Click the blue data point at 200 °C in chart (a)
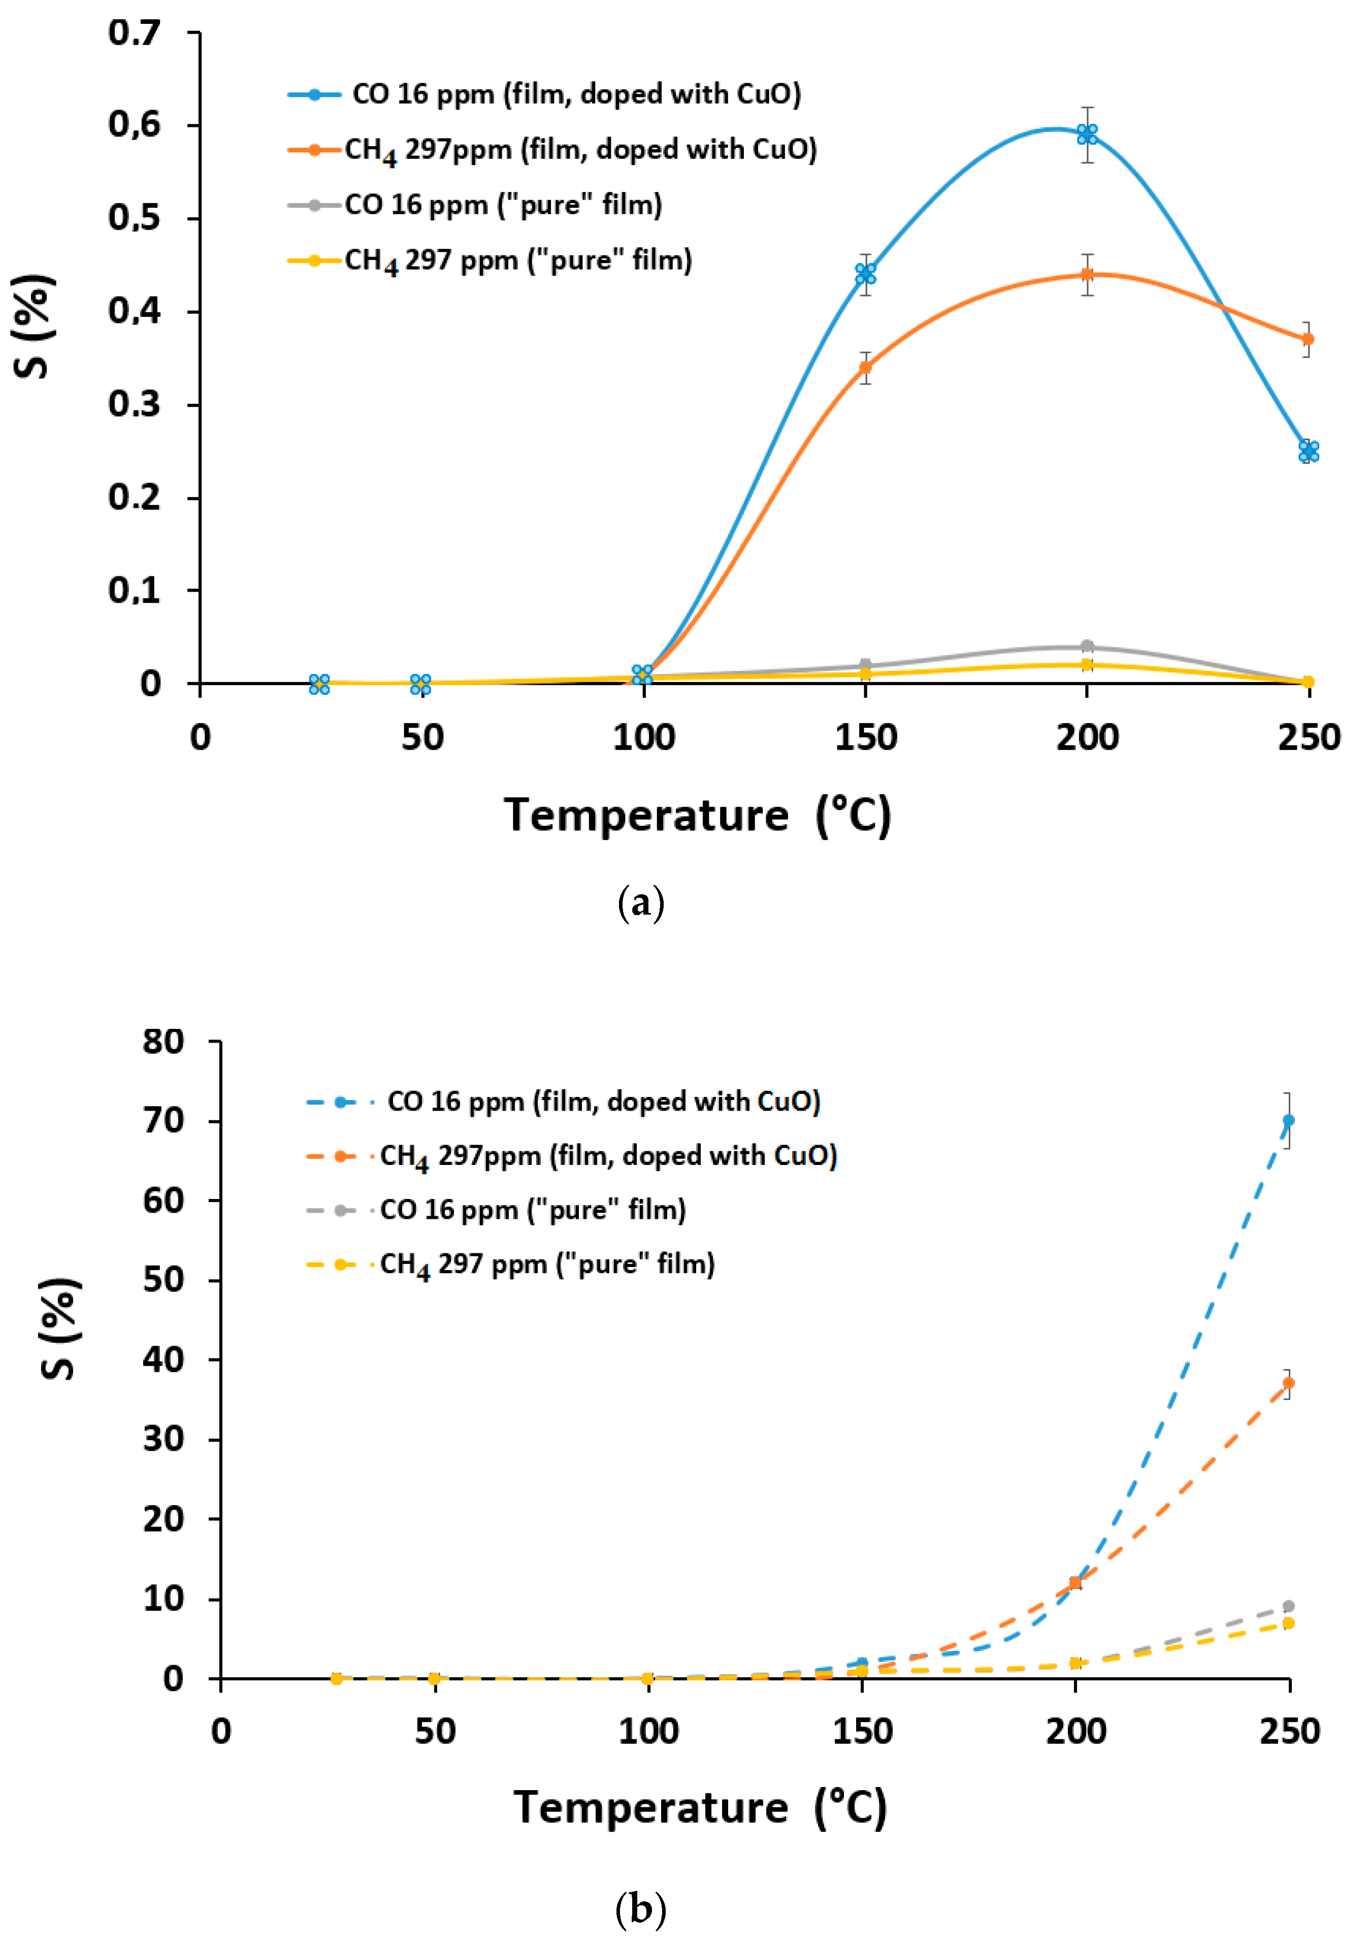[x=1087, y=134]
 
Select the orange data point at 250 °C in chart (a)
[x=1308, y=339]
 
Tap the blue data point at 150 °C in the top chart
[x=865, y=274]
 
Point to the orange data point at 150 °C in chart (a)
[x=865, y=367]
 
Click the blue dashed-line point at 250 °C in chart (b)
[x=1288, y=1120]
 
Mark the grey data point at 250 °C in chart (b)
[x=1288, y=1606]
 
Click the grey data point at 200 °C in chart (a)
[x=1087, y=646]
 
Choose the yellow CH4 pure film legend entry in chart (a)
[x=492, y=260]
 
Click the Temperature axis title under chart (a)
[x=697, y=816]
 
